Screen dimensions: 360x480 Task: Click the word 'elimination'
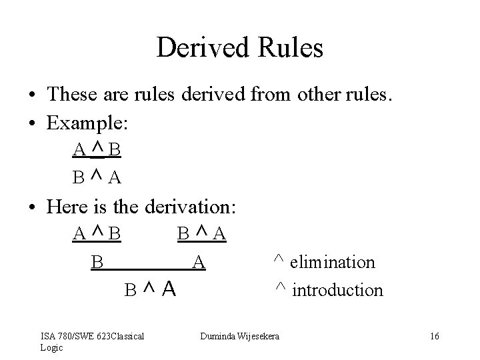[x=334, y=262]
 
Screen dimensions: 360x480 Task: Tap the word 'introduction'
[x=338, y=290]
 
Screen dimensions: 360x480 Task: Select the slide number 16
[x=435, y=336]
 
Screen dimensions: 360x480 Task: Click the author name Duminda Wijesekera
[x=241, y=336]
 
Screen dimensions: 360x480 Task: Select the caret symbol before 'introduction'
[x=280, y=287]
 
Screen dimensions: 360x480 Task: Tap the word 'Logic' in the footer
[x=51, y=347]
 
